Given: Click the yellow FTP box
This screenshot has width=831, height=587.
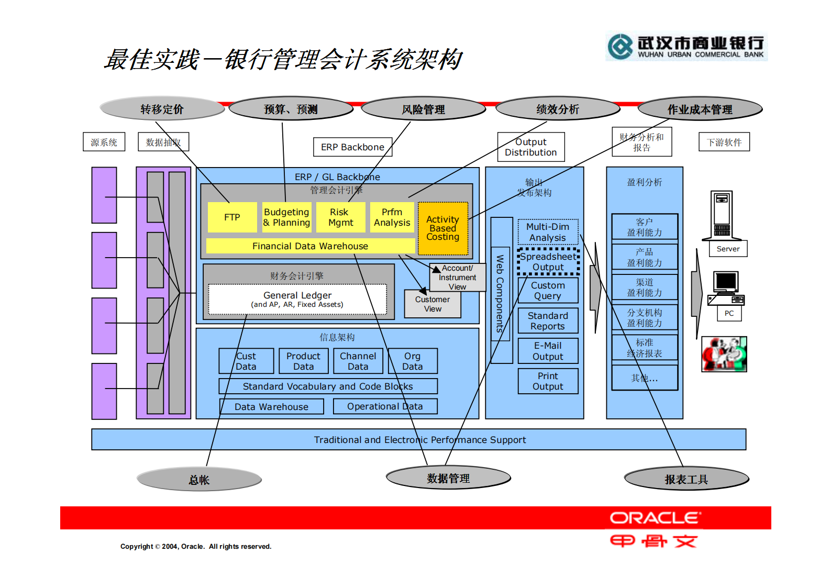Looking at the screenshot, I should pyautogui.click(x=232, y=217).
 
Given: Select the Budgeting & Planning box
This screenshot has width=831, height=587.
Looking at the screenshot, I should pyautogui.click(x=286, y=217).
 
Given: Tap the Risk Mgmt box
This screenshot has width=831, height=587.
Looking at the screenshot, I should pyautogui.click(x=340, y=217).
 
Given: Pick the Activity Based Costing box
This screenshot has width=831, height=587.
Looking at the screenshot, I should pyautogui.click(x=442, y=228).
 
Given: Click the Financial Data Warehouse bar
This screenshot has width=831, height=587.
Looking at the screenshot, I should pyautogui.click(x=310, y=246).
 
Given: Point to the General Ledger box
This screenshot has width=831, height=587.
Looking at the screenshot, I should pyautogui.click(x=297, y=299).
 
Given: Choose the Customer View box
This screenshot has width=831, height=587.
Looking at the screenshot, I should pyautogui.click(x=433, y=304).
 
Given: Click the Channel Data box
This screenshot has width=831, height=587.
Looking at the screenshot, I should pyautogui.click(x=358, y=361).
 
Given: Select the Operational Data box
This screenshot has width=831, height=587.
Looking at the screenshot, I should pyautogui.click(x=384, y=406).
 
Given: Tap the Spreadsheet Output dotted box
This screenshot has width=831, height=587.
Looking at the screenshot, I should pyautogui.click(x=548, y=262).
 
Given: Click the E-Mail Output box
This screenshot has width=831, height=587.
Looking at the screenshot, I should pyautogui.click(x=548, y=351).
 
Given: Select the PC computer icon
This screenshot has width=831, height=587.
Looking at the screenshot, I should pyautogui.click(x=726, y=288).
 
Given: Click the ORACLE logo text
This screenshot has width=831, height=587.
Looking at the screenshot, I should pyautogui.click(x=655, y=518).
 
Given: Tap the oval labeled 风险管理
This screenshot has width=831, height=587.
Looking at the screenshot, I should pyautogui.click(x=423, y=109).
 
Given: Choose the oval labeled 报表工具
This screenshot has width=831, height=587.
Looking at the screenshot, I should pyautogui.click(x=686, y=479).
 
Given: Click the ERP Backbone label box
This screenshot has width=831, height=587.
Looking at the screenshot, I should pyautogui.click(x=352, y=147).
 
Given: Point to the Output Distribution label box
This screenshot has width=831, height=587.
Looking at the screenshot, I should pyautogui.click(x=530, y=147).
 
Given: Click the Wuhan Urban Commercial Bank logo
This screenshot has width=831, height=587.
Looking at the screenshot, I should pyautogui.click(x=686, y=47).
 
